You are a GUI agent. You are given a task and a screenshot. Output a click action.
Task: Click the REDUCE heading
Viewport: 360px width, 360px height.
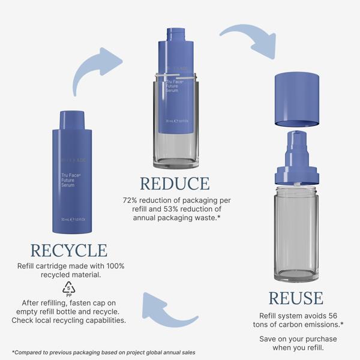175,184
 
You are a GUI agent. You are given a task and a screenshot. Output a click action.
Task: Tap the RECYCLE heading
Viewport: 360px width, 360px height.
68,250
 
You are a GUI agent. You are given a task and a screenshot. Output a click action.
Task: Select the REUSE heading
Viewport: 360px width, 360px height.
295,298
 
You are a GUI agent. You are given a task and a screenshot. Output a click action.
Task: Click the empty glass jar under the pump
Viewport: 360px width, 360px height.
296,234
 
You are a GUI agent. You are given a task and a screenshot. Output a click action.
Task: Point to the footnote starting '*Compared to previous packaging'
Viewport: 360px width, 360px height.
102,352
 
